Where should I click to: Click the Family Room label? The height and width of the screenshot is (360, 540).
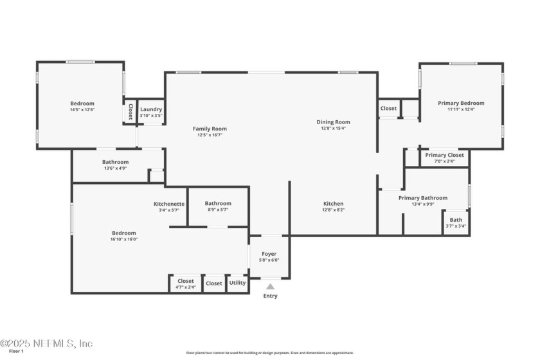(210, 129)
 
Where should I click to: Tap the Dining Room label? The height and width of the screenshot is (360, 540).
(333, 122)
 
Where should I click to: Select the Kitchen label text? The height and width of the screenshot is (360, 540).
(333, 203)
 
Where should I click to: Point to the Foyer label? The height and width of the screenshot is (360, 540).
(269, 254)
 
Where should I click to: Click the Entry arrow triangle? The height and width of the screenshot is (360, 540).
(270, 287)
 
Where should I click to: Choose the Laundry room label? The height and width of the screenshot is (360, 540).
(151, 109)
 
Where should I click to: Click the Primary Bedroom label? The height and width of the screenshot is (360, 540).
(461, 103)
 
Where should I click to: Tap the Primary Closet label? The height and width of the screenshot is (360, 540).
(444, 155)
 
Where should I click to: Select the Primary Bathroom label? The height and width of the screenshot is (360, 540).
(422, 198)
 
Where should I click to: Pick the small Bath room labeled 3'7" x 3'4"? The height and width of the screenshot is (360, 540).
(455, 220)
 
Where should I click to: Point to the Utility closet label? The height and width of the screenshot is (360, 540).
(237, 283)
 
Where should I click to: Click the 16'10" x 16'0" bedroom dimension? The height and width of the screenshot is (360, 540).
(124, 239)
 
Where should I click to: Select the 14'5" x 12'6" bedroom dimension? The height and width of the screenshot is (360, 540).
(82, 110)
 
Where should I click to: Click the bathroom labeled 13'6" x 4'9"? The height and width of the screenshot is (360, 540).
(115, 162)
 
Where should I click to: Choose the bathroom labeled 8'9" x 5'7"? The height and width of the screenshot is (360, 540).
(218, 204)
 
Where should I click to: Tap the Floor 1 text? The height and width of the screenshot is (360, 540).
(16, 351)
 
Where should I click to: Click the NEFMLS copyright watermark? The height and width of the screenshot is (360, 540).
(47, 343)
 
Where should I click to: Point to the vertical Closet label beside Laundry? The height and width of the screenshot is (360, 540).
(130, 112)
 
